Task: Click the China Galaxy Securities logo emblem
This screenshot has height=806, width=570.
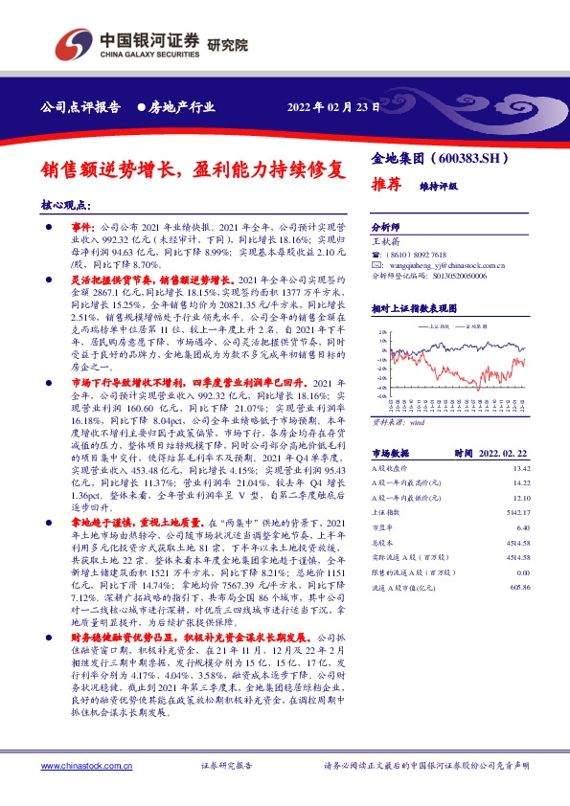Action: [75, 43]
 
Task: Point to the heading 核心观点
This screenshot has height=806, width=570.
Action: [66, 205]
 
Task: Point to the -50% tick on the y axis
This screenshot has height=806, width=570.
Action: [380, 393]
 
